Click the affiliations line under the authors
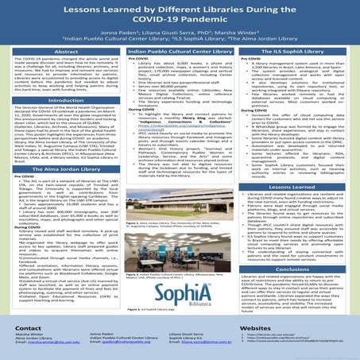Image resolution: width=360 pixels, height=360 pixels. pos(180,46)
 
